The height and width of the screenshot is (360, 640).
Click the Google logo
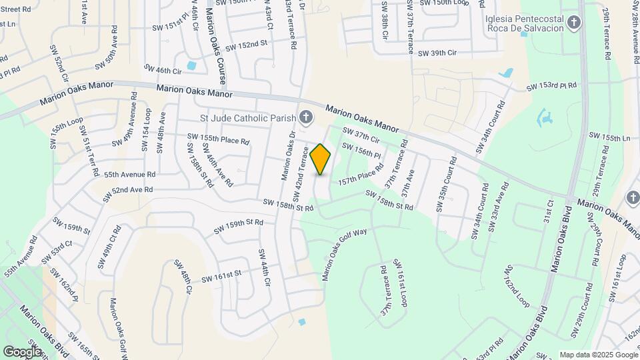pos(22,351)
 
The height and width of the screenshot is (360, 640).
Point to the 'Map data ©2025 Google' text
pos(598,355)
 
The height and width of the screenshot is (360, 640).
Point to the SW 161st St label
pos(221,275)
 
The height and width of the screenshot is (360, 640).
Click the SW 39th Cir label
pos(437,53)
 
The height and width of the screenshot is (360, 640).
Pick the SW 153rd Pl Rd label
pos(551,87)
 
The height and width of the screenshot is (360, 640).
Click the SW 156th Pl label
pos(361,151)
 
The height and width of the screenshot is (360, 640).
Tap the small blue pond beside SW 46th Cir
pos(192,66)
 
